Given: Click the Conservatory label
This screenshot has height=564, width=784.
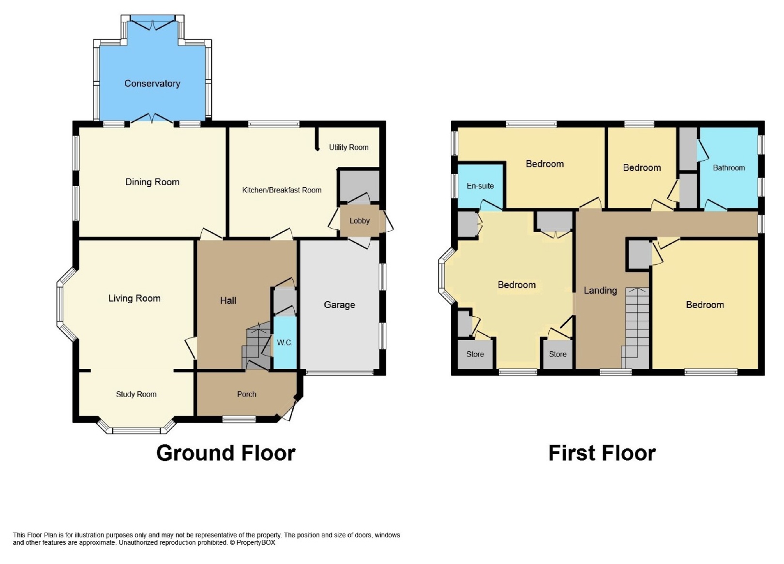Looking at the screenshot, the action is coord(152,83).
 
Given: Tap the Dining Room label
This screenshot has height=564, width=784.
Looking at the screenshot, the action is coord(152,182).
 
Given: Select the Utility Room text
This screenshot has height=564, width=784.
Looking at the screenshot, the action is coord(348,148).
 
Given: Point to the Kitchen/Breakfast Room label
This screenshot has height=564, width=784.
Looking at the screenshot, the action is coord(282,190).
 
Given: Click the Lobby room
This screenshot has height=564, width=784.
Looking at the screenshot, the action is coord(360,221).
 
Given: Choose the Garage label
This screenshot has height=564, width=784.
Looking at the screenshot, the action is coord(339,305).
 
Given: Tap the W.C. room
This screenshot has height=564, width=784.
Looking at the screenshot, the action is coord(285,342).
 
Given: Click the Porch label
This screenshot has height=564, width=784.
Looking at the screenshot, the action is coord(247,394).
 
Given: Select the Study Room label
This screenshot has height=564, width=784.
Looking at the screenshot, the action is coord(136,394).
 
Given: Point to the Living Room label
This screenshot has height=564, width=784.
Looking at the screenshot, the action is coord(135,298).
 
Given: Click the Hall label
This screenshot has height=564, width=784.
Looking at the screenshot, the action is coord(228,300).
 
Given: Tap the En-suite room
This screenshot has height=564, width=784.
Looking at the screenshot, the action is coord(480,186).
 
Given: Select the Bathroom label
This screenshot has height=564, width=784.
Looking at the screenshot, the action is coord(729,168).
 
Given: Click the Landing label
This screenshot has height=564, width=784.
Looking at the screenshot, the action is coord(600,290).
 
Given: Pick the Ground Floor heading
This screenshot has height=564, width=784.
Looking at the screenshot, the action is coord(226,453).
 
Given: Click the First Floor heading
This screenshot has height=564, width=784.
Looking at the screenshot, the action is coord(602,453).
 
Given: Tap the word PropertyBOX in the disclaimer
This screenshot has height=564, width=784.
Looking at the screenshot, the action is coord(256,543).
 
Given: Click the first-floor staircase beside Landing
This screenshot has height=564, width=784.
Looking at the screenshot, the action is coord(636,328).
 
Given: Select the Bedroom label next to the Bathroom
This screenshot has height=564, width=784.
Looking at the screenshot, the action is coord(642,168).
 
